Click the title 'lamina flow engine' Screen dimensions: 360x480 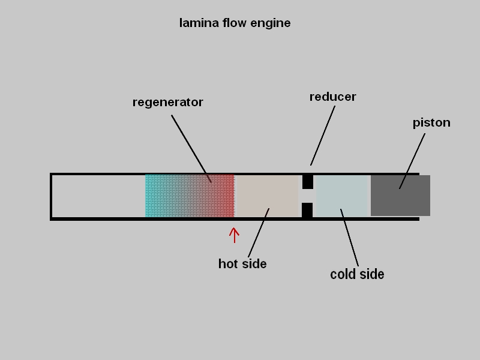coord(235,23)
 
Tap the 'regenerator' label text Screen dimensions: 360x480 coord(167,103)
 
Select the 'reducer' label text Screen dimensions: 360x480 coord(332,97)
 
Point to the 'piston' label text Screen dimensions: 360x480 coord(431,123)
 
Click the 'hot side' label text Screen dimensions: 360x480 coord(242,264)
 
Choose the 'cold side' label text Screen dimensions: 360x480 coord(357,275)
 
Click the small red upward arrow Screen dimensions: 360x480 coord(234,235)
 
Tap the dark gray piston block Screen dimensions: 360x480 coord(400,196)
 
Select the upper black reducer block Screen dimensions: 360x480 coord(307,181)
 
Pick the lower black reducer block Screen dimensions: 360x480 coord(307,210)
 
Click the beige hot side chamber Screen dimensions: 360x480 coord(268,196)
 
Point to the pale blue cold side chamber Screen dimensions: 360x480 coord(341,196)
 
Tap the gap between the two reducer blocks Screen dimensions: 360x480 coord(307,196)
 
